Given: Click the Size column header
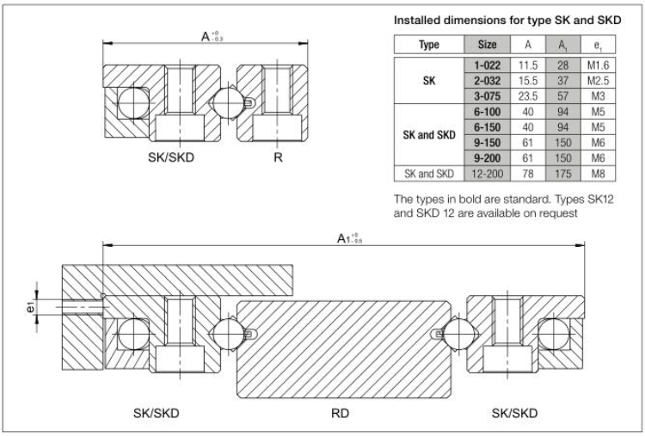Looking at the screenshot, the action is (x=487, y=45).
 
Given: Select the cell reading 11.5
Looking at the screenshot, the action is (x=528, y=65).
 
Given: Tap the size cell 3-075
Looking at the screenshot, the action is (x=487, y=96).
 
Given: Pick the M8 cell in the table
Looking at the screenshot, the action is (x=598, y=174).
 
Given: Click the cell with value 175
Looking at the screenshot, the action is (x=562, y=174).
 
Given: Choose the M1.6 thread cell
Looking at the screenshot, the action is (x=598, y=65).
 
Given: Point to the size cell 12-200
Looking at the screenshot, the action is (x=487, y=174).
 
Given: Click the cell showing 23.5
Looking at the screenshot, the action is (x=528, y=96).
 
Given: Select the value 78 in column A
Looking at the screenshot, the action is (x=528, y=174).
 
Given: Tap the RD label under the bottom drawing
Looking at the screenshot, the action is (x=340, y=413).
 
